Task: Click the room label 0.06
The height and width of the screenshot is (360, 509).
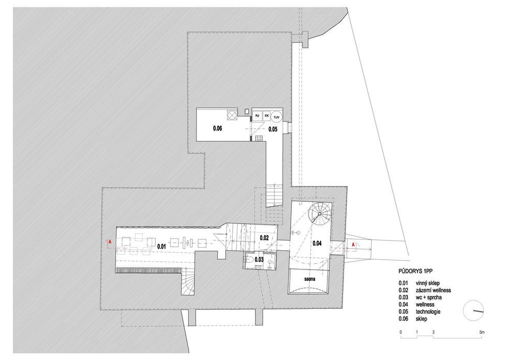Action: pos(217,129)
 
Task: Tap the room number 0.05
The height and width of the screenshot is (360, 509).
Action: pos(273,129)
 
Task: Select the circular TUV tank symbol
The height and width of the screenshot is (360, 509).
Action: pos(276,117)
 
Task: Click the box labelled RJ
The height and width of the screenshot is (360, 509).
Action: pos(257,116)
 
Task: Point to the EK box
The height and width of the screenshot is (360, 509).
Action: pos(266,116)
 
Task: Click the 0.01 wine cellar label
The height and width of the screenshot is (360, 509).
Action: pos(162,246)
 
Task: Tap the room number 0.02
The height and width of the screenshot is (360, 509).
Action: pos(264,238)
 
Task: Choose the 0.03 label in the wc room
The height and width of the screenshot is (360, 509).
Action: pos(259,259)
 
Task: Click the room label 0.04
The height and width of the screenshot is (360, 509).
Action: pos(317,243)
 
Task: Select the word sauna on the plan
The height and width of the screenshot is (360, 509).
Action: pos(310,279)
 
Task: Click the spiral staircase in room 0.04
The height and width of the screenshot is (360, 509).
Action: pos(320,214)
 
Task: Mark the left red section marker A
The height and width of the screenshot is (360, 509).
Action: pos(110,242)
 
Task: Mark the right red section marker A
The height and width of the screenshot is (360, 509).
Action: pos(353,244)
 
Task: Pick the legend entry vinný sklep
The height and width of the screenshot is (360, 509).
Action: pos(427,283)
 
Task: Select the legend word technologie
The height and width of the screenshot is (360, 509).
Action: pos(428,311)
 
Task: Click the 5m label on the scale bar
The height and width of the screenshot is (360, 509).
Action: pos(482,333)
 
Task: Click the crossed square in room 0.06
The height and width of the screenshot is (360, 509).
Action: pos(232,115)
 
